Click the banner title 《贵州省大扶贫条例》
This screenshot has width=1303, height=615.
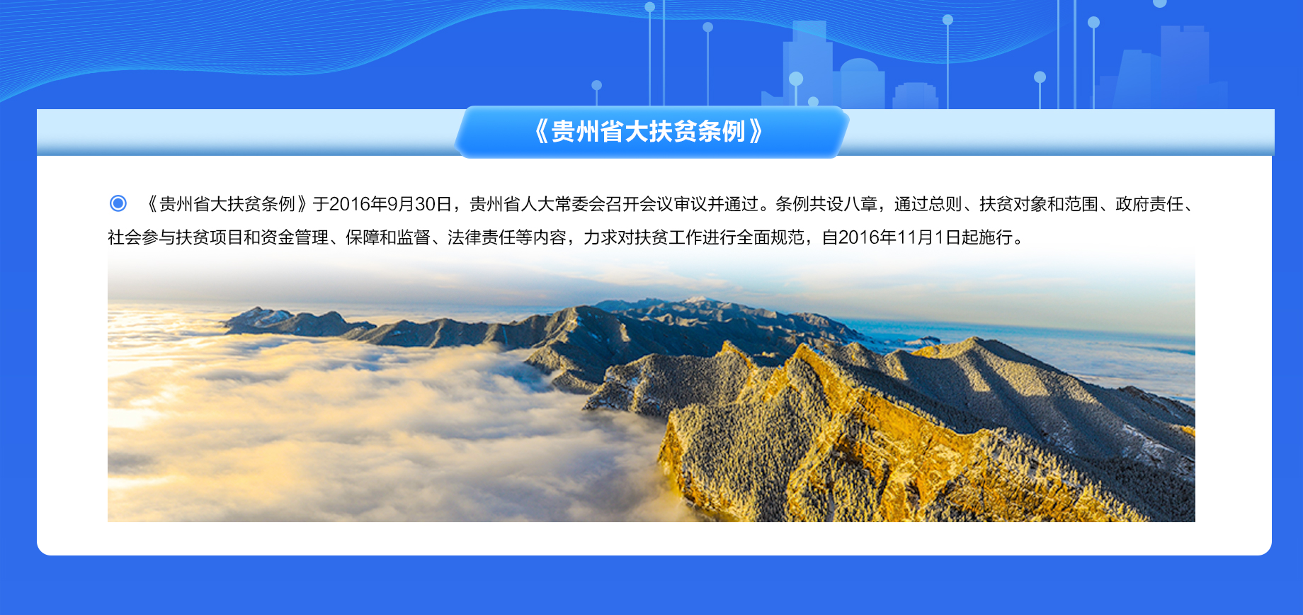(x=649, y=132)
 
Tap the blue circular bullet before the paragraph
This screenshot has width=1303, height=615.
(x=118, y=204)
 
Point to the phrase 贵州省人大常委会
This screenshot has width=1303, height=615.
(x=537, y=204)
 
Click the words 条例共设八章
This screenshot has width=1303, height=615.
(x=826, y=204)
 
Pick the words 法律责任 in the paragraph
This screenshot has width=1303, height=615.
(x=481, y=237)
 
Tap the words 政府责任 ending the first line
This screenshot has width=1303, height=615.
(x=1149, y=204)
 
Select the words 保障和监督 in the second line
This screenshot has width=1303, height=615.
(x=387, y=237)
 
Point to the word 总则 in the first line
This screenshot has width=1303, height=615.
(x=945, y=204)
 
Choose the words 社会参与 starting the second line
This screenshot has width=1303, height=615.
(x=142, y=237)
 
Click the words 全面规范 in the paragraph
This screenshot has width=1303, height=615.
(x=770, y=237)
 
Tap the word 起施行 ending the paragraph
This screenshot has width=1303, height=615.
(x=987, y=237)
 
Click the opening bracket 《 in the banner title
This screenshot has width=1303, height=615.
(x=541, y=132)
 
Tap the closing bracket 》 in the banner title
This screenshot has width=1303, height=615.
(x=756, y=132)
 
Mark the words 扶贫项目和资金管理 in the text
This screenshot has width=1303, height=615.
(x=252, y=237)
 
